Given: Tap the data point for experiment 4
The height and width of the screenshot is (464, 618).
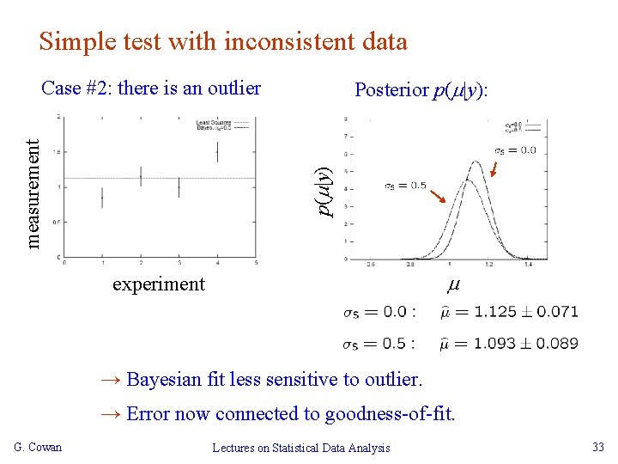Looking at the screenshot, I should point(217,151).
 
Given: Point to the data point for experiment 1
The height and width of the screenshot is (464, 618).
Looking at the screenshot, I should point(101,197).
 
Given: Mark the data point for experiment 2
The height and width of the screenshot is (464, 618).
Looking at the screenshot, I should point(140,176).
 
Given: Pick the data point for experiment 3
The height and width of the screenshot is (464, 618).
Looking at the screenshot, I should point(179,186).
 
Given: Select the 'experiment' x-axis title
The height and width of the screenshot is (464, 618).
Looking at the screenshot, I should point(159,284).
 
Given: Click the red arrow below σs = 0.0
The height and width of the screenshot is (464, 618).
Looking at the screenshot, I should point(495,168).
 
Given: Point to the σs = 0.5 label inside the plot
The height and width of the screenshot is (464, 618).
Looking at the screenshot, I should point(404,186).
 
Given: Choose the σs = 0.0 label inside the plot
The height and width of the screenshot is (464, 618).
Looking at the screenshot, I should point(515,150).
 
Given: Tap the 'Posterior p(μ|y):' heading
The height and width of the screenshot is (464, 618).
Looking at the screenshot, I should point(421,90).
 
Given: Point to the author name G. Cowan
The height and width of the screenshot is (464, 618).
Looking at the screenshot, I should point(38,447).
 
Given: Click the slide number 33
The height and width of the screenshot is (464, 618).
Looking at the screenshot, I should point(597,447).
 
